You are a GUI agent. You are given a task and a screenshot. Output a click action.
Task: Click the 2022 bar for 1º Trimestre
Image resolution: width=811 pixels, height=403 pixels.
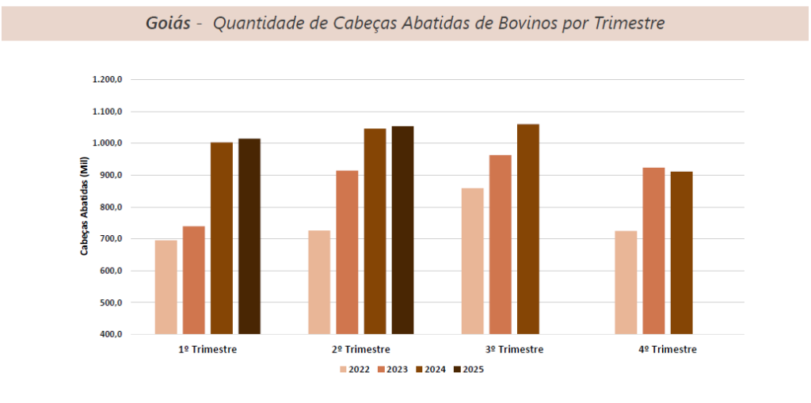tap(166, 287)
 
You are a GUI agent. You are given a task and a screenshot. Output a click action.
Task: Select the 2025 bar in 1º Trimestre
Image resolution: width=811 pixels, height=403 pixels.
tap(249, 236)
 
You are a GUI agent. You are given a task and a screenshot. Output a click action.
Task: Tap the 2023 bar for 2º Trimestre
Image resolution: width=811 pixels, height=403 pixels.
tap(347, 252)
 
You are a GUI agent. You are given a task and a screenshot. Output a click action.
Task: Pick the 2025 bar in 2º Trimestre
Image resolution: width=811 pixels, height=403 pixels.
tap(402, 230)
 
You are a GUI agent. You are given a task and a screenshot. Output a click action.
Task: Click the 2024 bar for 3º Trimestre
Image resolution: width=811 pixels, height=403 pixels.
tap(527, 229)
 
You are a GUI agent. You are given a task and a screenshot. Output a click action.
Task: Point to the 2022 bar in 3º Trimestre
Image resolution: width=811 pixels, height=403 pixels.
tap(472, 260)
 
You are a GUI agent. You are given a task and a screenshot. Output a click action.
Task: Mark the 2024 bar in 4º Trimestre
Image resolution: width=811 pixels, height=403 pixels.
tap(681, 253)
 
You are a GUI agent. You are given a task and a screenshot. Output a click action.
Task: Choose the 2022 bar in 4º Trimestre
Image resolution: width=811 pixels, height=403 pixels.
tap(626, 282)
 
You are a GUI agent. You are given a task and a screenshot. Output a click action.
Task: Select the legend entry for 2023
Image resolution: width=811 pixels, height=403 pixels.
tap(392, 369)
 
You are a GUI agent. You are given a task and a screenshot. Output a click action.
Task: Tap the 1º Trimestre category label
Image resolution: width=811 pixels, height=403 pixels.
tap(208, 350)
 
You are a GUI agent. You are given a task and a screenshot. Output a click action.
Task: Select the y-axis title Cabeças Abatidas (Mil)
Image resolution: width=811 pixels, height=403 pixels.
tap(84, 207)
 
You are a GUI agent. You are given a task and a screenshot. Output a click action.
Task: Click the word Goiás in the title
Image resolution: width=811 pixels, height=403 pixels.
tap(168, 23)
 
